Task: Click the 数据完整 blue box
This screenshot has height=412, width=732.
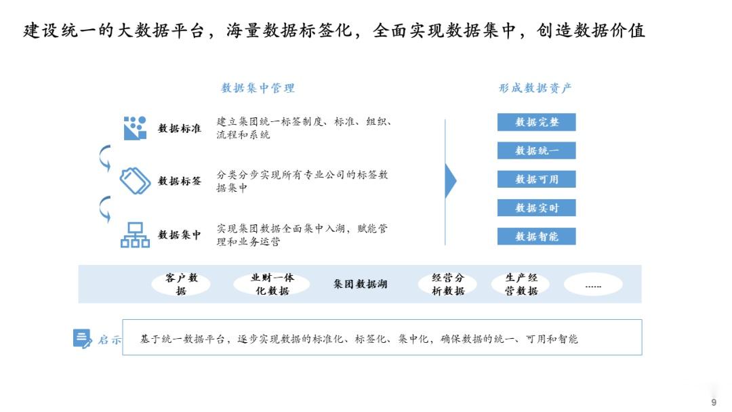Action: coord(536,122)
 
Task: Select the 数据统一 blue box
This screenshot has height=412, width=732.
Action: coord(536,150)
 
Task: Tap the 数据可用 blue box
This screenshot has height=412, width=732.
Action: coord(536,179)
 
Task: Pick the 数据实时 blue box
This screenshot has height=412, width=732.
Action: coord(536,207)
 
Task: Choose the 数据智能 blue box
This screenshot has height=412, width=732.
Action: coord(536,236)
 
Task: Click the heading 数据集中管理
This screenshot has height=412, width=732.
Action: coord(258,88)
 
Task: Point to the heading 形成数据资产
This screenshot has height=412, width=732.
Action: coord(535,88)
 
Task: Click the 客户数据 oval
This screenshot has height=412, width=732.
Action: coord(180,284)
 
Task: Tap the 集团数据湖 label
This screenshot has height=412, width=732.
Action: coord(360,285)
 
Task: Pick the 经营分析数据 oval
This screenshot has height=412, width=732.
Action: coord(448,284)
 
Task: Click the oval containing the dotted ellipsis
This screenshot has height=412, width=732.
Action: coord(593,285)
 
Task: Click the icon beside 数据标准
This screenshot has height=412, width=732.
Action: coord(135,127)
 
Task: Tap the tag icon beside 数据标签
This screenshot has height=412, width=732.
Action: coord(135,181)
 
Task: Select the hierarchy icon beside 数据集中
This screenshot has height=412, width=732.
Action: coord(135,234)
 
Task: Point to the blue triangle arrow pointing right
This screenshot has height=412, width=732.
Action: coord(450,181)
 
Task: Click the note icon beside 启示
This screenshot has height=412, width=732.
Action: coord(82,338)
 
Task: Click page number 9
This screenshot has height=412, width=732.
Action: coord(713,403)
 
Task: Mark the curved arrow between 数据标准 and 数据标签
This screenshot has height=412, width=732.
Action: coord(105,157)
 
